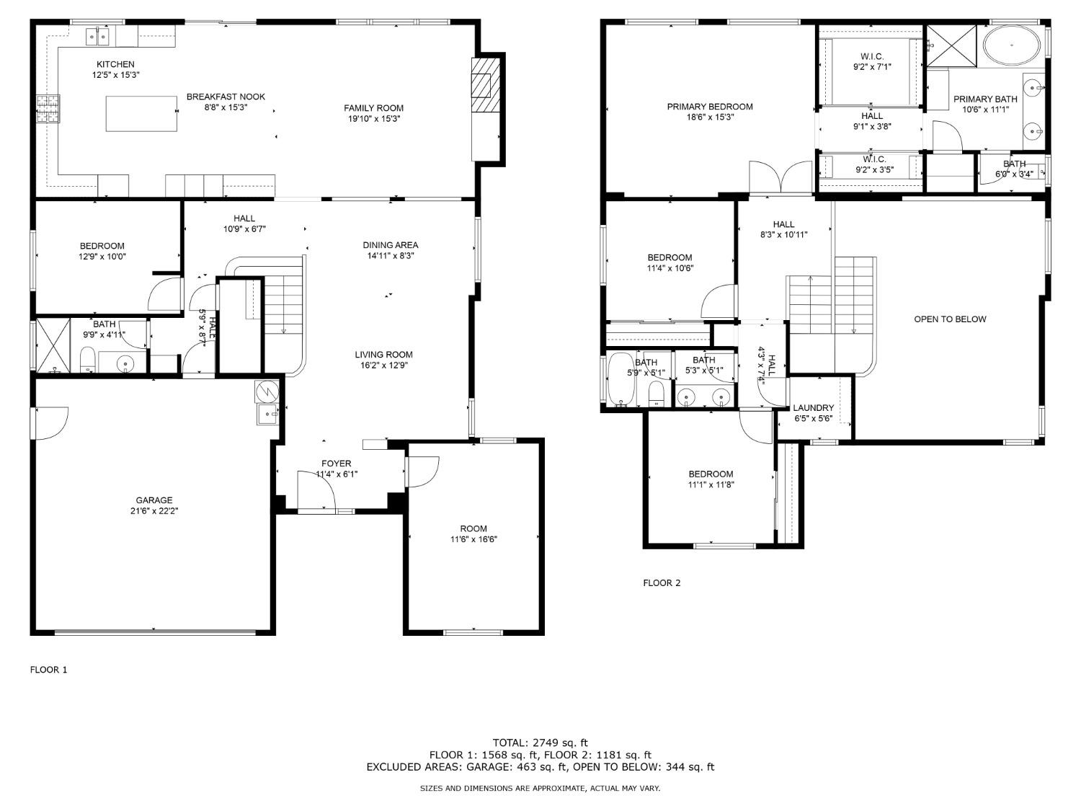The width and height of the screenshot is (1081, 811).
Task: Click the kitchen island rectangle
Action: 142,114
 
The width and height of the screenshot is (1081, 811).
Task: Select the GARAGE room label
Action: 154,500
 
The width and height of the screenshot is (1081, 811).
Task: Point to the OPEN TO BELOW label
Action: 950,319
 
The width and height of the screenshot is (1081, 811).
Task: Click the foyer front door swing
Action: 317,491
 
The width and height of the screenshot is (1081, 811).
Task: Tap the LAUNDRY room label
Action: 813,408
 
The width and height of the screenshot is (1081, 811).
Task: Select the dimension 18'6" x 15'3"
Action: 710,117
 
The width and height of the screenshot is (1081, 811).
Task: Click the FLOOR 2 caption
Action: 661,583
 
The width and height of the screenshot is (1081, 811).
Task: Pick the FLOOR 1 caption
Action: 48,670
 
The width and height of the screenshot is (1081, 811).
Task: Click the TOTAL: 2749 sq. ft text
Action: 540,742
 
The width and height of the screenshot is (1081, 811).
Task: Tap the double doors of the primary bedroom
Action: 781,177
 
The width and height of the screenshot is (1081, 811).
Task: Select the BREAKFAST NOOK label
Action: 226,97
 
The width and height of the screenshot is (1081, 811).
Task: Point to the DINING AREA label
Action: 390,245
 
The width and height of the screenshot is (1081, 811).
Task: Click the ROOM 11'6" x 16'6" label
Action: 473,533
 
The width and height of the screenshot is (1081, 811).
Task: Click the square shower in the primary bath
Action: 951,45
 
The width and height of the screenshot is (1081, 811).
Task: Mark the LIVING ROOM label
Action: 383,355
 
